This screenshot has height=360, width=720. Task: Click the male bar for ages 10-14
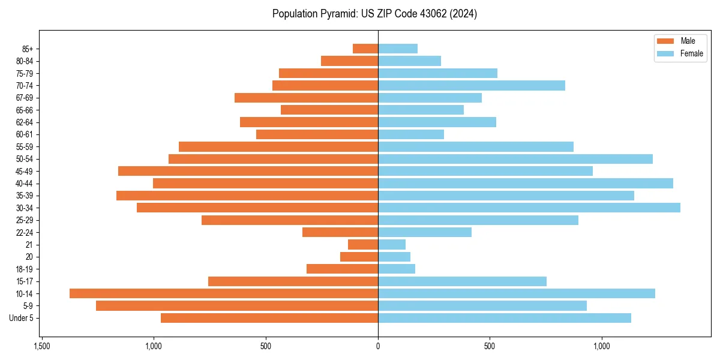tap(223, 293)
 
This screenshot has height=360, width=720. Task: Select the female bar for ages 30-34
tap(529, 208)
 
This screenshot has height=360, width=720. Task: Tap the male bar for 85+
tap(365, 49)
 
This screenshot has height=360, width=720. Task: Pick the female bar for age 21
tap(391, 244)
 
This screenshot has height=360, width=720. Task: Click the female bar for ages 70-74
tap(471, 85)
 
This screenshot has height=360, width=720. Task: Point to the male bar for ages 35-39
tap(247, 196)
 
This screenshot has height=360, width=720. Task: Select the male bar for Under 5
tap(269, 318)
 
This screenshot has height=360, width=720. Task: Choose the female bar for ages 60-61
tap(410, 134)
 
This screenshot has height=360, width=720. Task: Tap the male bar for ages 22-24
tap(340, 232)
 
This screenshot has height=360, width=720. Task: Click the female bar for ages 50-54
tap(515, 159)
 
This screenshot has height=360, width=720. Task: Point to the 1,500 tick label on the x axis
tap(41, 346)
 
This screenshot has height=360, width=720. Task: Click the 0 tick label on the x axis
tap(378, 346)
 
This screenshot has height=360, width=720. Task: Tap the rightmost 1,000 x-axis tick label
tap(602, 346)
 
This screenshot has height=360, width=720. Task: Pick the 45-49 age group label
tap(25, 171)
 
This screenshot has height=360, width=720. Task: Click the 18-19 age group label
tap(25, 269)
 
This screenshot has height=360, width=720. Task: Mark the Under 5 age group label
tap(22, 318)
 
